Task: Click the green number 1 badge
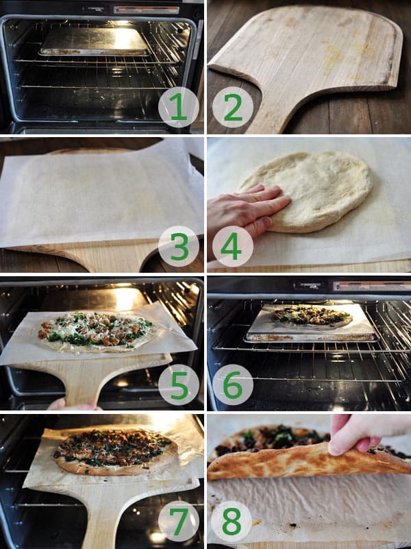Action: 178,108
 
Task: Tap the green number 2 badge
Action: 232,108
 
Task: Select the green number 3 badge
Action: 178,246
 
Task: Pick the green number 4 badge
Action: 232,246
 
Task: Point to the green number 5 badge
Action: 178,384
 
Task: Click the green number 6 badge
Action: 232,384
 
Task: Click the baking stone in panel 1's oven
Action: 94,42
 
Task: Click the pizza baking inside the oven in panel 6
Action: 312,316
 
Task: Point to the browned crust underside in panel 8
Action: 301,466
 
